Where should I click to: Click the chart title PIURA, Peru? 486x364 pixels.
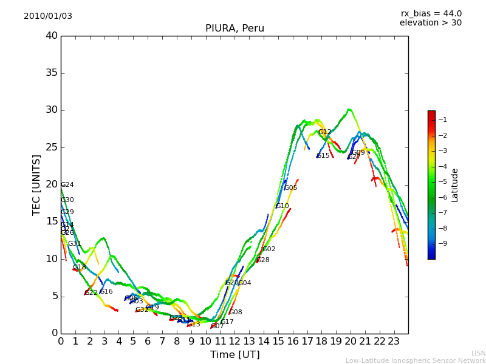[x=234, y=29]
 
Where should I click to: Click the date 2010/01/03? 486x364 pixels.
[x=48, y=16]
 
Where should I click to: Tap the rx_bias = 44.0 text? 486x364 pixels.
[x=431, y=14]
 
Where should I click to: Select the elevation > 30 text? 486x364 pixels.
[x=431, y=23]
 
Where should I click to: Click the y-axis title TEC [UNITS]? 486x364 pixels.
[x=36, y=184]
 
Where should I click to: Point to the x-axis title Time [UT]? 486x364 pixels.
[x=234, y=355]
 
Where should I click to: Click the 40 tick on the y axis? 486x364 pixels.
[x=52, y=36]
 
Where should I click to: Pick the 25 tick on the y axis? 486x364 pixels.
[x=52, y=147]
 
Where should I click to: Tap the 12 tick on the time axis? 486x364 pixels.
[x=234, y=342]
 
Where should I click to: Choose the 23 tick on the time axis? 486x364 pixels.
[x=394, y=342]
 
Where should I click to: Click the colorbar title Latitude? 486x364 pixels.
[x=455, y=185]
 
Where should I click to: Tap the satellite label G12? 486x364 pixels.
[x=325, y=132]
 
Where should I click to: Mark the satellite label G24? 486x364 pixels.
[x=67, y=185]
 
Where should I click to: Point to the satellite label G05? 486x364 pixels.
[x=290, y=188]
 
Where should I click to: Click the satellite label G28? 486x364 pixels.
[x=263, y=260]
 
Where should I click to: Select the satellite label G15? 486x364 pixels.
[x=323, y=156]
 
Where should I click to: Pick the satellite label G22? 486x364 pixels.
[x=91, y=293]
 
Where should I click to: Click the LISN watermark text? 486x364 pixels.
[x=478, y=353]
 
